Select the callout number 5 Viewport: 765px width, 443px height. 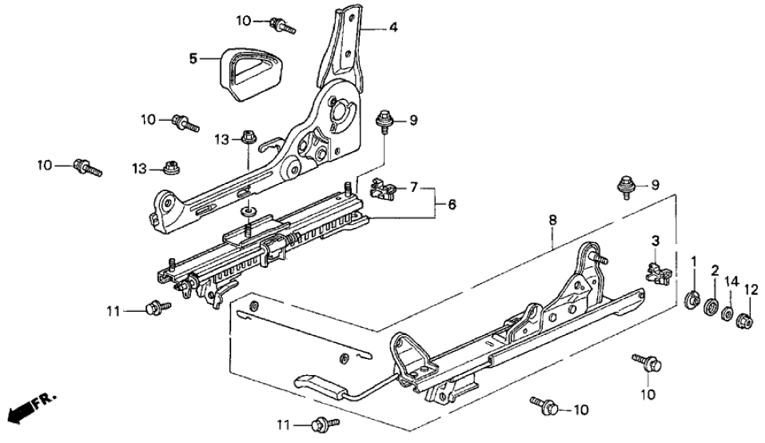pos(193,58)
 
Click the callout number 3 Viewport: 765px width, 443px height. pos(655,240)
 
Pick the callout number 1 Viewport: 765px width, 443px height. pos(694,261)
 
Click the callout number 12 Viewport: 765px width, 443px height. pos(751,289)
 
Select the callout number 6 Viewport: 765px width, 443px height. pos(452,206)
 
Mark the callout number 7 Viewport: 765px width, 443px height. pos(413,187)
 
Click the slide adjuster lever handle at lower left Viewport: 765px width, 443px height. pos(324,384)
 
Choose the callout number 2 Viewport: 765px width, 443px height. pos(715,270)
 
